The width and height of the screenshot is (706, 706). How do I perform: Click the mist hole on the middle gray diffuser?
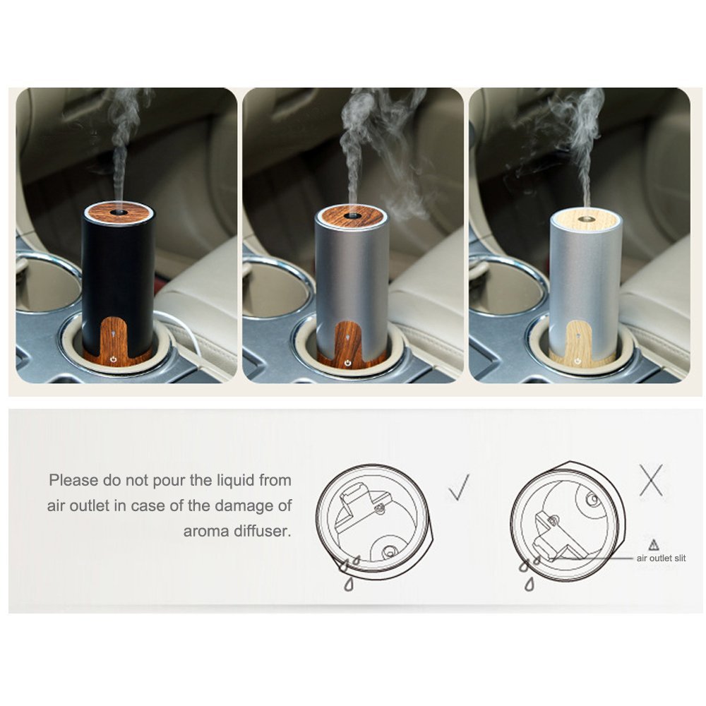click(350, 211)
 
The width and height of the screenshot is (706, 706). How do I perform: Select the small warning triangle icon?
click(653, 544)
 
